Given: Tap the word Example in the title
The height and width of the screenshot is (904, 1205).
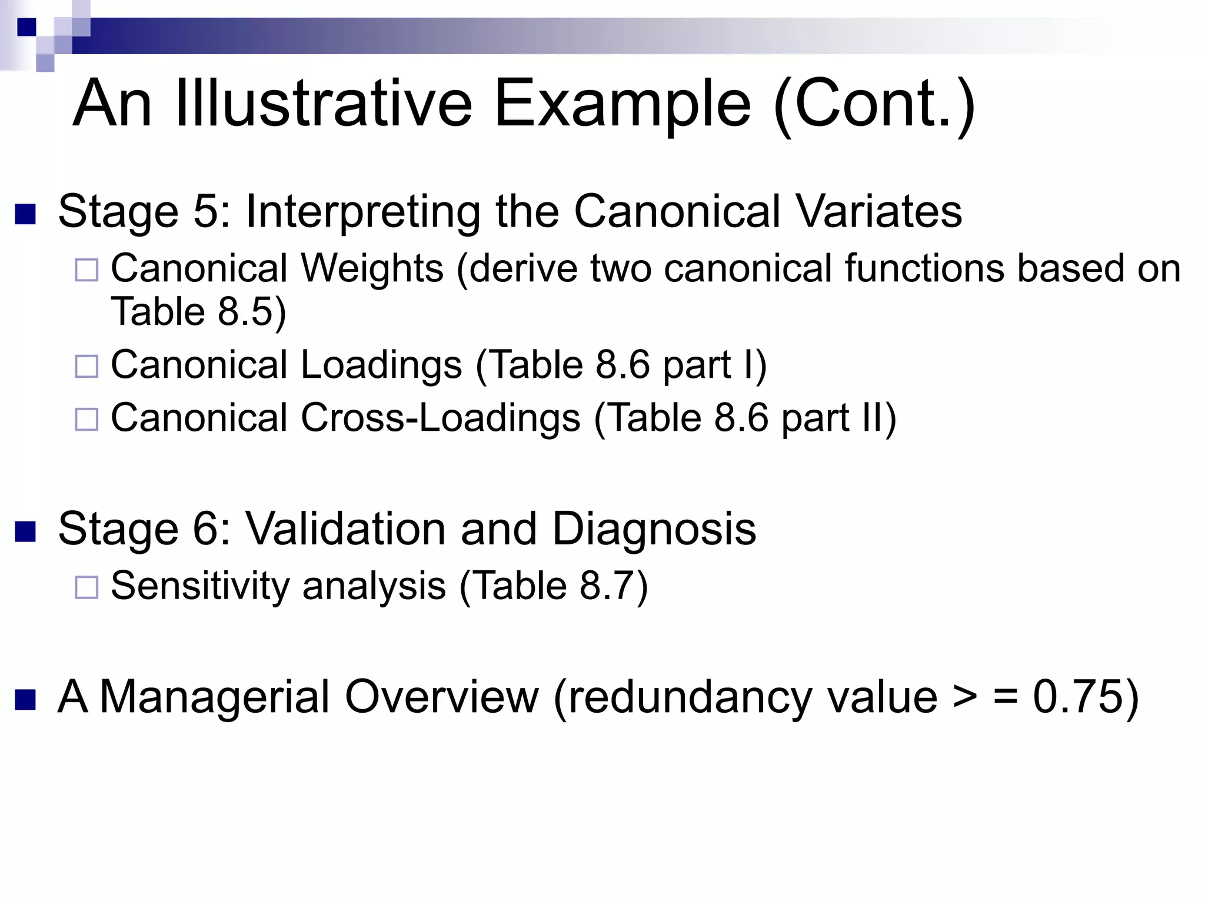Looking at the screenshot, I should [x=623, y=105].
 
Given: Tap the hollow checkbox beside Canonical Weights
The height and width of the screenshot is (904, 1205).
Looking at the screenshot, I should [x=86, y=270].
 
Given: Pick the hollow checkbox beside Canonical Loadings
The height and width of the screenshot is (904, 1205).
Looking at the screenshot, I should [x=86, y=367].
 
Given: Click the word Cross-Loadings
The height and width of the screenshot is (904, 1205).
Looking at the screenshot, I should [x=441, y=418].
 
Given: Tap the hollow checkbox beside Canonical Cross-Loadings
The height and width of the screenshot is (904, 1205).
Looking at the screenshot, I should [x=86, y=420].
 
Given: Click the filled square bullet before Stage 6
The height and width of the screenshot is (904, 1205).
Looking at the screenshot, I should [x=25, y=531].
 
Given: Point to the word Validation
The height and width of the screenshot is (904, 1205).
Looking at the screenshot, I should [x=345, y=529].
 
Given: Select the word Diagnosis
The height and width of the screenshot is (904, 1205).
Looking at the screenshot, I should [x=654, y=529].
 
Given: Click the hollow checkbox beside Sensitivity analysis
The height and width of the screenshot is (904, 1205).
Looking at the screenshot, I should [x=86, y=587].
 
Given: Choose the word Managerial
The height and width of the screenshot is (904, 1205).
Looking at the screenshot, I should [x=215, y=697].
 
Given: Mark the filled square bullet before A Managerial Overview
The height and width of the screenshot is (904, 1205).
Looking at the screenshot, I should [x=25, y=700].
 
